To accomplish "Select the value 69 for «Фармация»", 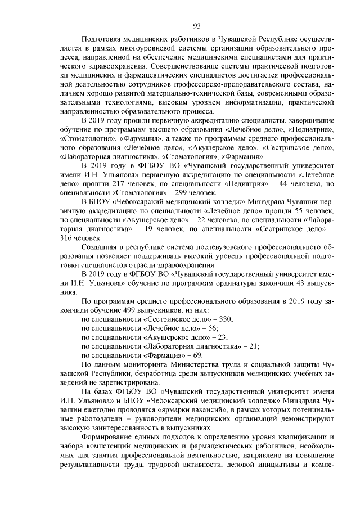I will point(196,355).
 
